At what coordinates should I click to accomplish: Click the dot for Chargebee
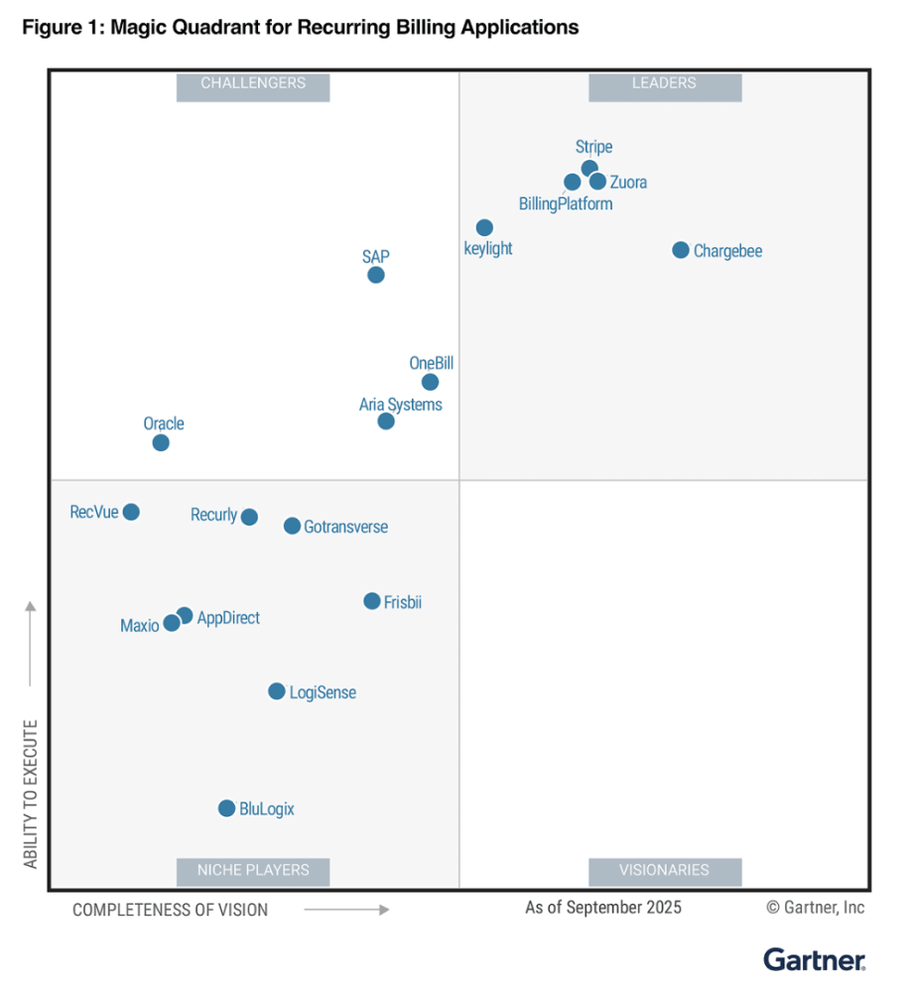(680, 250)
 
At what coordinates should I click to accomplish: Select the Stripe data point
(589, 168)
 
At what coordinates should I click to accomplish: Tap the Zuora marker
(597, 182)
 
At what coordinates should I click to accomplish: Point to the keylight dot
(484, 228)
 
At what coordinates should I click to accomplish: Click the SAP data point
(376, 275)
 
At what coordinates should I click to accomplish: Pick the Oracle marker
(161, 442)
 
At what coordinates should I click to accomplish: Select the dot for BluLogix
(226, 808)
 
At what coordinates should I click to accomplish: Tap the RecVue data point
(131, 512)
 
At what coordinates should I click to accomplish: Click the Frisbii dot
(372, 601)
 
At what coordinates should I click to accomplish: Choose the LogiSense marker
(277, 691)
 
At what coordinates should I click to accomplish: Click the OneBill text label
(431, 364)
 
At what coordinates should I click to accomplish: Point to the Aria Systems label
(401, 405)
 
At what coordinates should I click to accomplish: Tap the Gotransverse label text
(345, 527)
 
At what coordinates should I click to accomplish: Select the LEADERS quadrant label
(664, 84)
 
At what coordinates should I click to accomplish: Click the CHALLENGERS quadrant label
(253, 84)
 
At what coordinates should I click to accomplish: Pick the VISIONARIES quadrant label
(664, 870)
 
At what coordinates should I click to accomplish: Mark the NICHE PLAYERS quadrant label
(253, 870)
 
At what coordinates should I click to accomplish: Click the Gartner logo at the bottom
(814, 959)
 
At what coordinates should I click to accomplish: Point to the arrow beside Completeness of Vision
(346, 909)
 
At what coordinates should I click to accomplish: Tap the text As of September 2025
(603, 907)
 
